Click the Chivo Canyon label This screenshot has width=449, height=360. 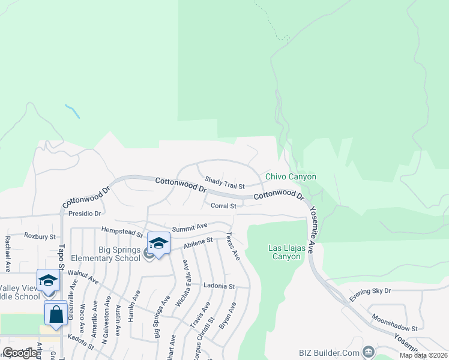[x=291, y=176]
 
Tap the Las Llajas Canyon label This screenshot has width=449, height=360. [x=284, y=252]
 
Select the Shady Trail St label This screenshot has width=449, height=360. [x=224, y=182]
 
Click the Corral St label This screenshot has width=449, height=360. [x=224, y=206]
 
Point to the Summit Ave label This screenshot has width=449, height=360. [x=189, y=227]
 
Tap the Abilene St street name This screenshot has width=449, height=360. [x=199, y=242]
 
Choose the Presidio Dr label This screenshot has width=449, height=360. [x=84, y=213]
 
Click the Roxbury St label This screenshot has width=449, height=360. [x=40, y=237]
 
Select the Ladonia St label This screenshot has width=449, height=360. [x=218, y=286]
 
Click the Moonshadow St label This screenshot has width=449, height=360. [x=394, y=325]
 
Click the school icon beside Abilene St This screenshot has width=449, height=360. [x=158, y=244]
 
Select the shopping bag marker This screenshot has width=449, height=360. [x=56, y=313]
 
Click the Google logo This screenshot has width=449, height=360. [x=20, y=353]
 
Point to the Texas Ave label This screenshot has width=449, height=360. [x=233, y=246]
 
